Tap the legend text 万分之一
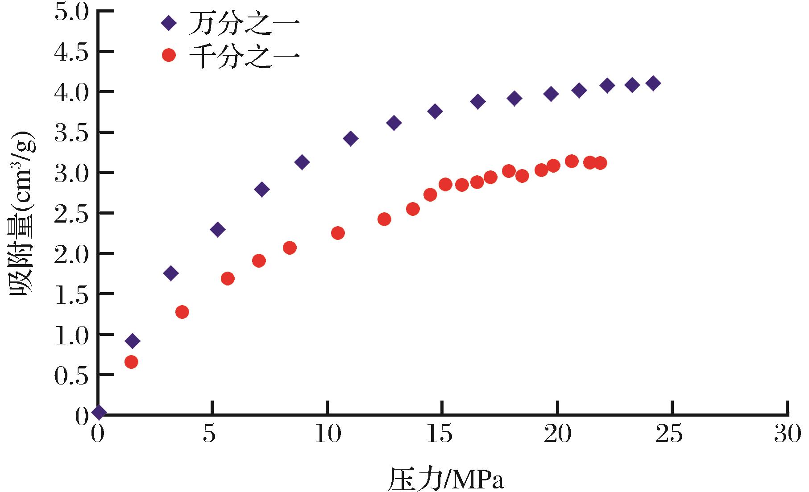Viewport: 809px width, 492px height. coord(244,23)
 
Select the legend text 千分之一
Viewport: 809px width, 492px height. coord(244,56)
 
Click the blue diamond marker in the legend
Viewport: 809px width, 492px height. coord(169,23)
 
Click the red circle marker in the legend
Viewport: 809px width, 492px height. coord(169,56)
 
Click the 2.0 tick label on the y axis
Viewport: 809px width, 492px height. coord(71,253)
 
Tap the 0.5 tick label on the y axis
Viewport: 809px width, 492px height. coord(71,375)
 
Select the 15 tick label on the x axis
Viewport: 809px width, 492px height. coord(442,434)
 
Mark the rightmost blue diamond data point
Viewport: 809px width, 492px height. coord(653,83)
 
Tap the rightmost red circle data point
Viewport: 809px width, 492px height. coord(600,163)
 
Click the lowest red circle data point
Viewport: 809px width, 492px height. coord(131,362)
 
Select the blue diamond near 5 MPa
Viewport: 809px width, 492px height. coord(218,230)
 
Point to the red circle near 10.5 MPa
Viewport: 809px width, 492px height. coord(338,233)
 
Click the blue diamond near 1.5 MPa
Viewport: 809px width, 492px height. coord(132,341)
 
